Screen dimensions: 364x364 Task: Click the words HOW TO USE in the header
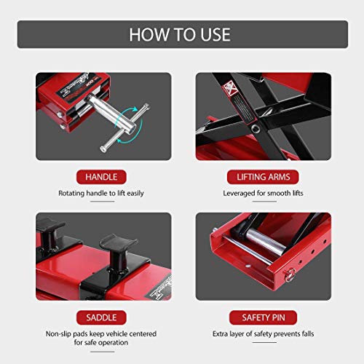(x=181, y=34)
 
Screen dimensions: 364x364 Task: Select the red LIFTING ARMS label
(x=263, y=176)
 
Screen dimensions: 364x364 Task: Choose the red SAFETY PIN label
(x=263, y=317)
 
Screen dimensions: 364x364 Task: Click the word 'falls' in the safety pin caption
(x=312, y=334)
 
